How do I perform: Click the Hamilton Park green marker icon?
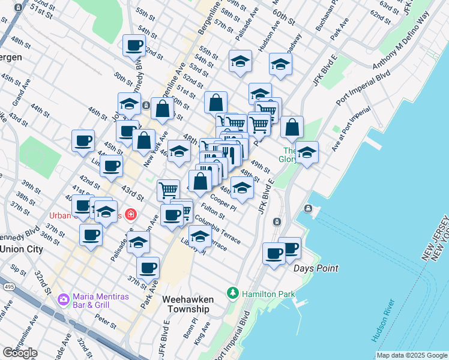coord(233,294)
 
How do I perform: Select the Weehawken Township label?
coord(186,304)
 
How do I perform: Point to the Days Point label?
coord(316,268)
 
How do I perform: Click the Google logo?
coord(20,352)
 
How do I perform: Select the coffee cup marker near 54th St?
coord(134,45)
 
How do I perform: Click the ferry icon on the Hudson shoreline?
coord(308,209)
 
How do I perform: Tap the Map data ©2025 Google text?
coord(411,355)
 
